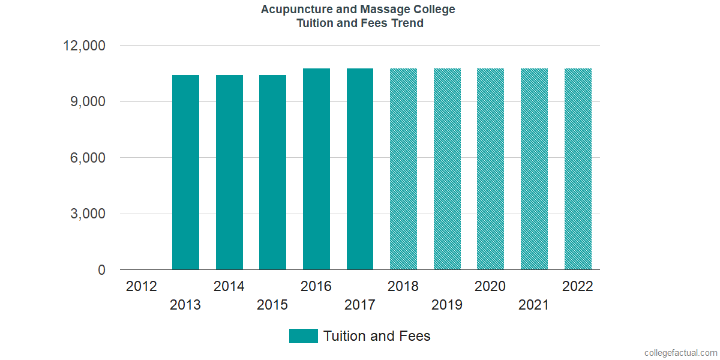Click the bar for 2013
click(x=185, y=172)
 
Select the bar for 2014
click(x=229, y=172)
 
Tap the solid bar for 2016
click(x=316, y=169)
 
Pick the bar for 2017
click(x=360, y=169)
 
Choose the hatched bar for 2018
click(x=403, y=169)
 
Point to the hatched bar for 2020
click(x=490, y=169)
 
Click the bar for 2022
click(x=578, y=169)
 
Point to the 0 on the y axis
click(x=102, y=271)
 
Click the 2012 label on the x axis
click(x=142, y=286)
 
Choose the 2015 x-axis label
click(x=272, y=305)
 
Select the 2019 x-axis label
click(x=447, y=305)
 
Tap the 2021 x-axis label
click(x=534, y=305)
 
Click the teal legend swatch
click(x=303, y=336)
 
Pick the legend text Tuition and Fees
click(x=377, y=336)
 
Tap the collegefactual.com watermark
click(x=680, y=353)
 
